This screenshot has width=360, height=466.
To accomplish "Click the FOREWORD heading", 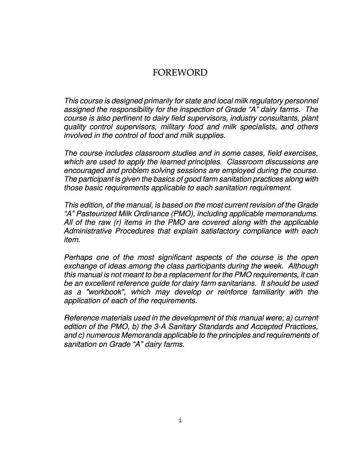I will (180, 73).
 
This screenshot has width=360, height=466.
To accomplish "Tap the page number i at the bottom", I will (180, 420).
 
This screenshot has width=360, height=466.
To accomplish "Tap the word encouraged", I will (83, 171).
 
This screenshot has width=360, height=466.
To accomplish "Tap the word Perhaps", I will (77, 258).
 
